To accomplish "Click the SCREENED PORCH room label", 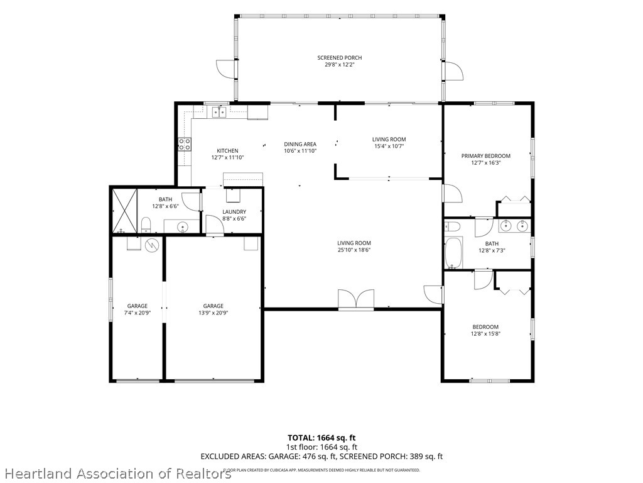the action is pyautogui.click(x=340, y=58).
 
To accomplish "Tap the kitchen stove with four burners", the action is pyautogui.click(x=185, y=144).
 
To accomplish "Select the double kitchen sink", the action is pyautogui.click(x=219, y=111).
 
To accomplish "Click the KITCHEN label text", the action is pyautogui.click(x=227, y=151).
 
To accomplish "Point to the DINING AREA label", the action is pyautogui.click(x=300, y=144).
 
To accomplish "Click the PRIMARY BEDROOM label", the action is pyautogui.click(x=486, y=156).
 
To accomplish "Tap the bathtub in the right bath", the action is pyautogui.click(x=453, y=253).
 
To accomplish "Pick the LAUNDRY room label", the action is pyautogui.click(x=234, y=212).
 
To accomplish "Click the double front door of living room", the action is pyautogui.click(x=356, y=299).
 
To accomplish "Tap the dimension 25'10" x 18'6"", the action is pyautogui.click(x=354, y=250).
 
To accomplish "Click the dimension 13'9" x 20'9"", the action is pyautogui.click(x=213, y=313).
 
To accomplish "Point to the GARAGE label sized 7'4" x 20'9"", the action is pyautogui.click(x=138, y=306).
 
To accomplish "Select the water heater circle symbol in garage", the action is pyautogui.click(x=151, y=245).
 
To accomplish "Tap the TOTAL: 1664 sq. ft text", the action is pyautogui.click(x=318, y=438).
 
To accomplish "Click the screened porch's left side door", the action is pyautogui.click(x=227, y=69).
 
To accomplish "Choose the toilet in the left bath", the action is pyautogui.click(x=146, y=225).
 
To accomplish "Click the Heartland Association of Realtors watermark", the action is pyautogui.click(x=116, y=474).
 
